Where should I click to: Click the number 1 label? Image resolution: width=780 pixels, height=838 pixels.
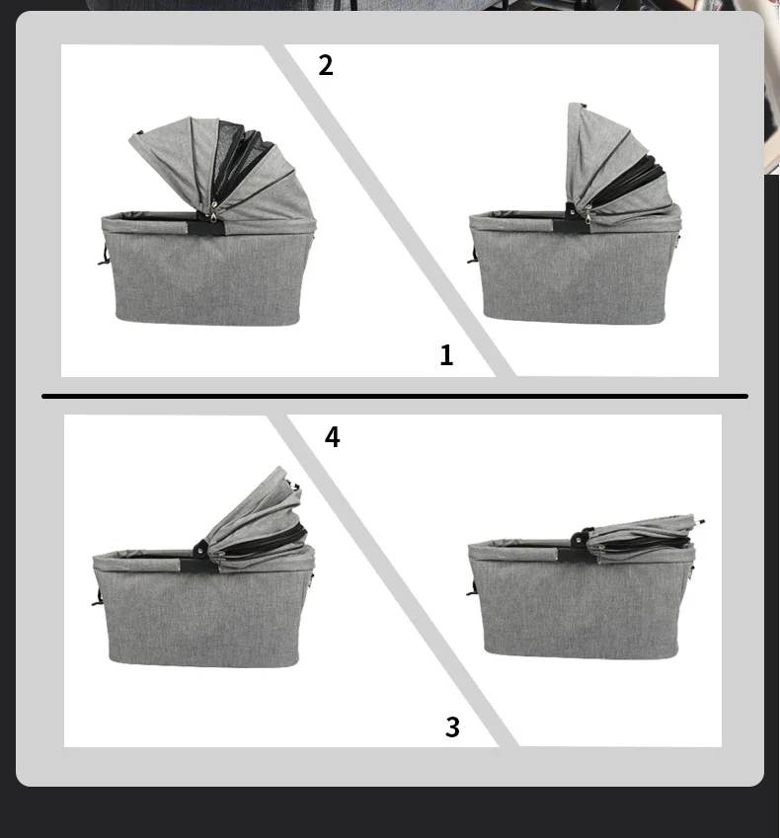point(446,355)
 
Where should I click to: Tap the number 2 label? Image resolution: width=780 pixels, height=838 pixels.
point(326,65)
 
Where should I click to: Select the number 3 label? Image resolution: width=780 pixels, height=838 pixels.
point(452,726)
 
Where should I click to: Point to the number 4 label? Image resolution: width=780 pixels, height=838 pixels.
point(332,436)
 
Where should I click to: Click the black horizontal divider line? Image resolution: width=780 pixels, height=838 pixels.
point(395,396)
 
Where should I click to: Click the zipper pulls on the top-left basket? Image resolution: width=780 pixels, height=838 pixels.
point(214,212)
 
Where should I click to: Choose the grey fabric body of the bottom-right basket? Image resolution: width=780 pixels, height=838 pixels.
point(580,604)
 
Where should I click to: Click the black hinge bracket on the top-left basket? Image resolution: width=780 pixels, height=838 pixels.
point(205,227)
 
